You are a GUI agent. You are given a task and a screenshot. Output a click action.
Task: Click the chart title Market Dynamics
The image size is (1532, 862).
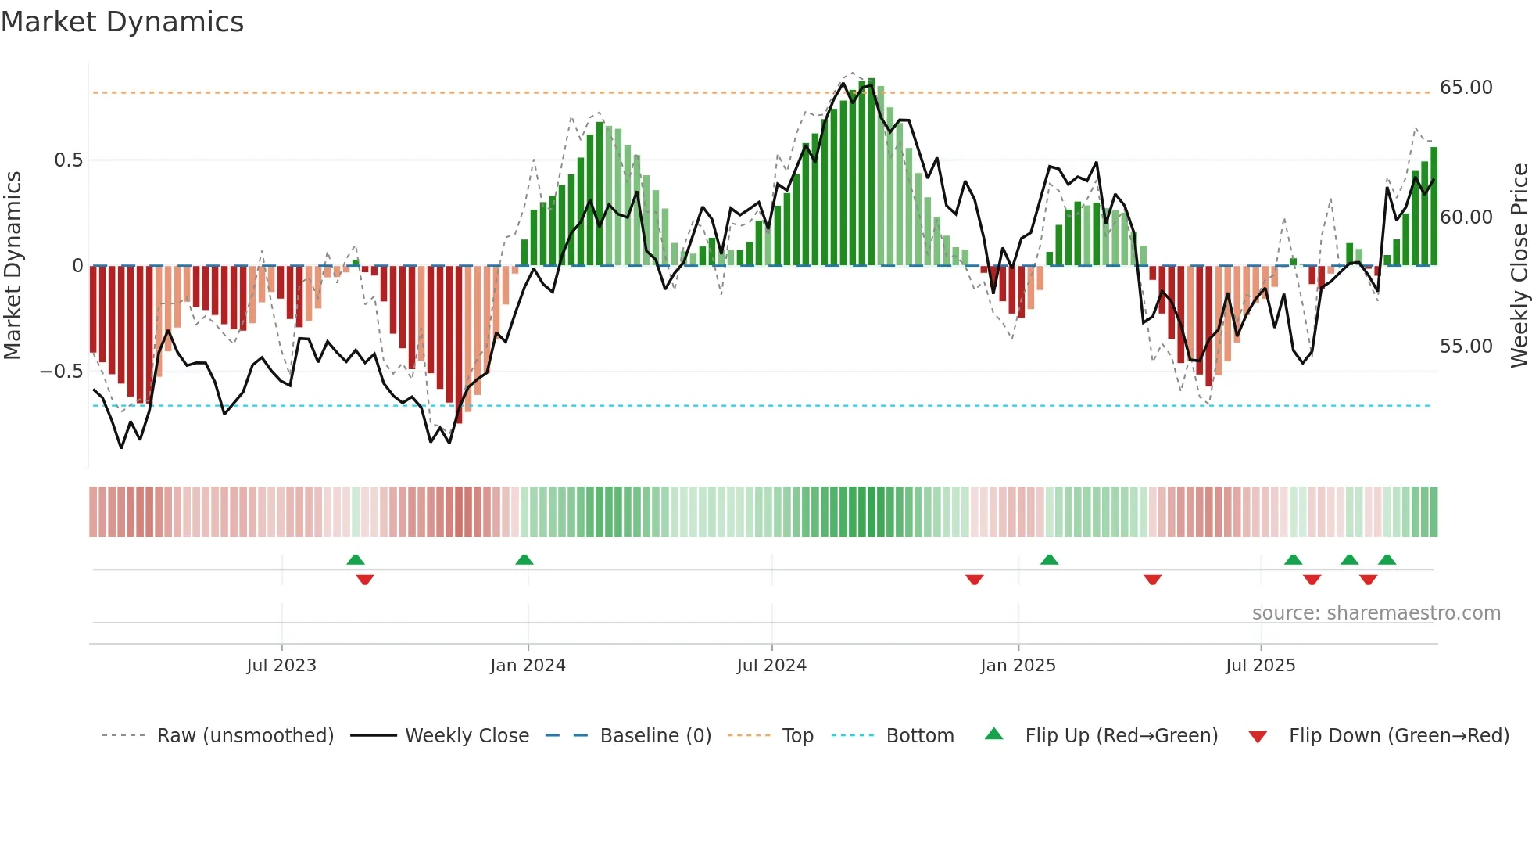click(122, 22)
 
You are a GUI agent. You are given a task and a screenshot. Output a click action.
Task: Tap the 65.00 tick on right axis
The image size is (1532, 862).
click(1466, 88)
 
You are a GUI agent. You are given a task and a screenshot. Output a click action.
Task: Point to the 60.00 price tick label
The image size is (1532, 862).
click(1466, 217)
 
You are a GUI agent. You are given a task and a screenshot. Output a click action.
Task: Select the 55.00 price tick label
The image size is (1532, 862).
click(1466, 346)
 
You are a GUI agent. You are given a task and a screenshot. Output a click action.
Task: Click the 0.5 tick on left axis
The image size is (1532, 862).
click(68, 160)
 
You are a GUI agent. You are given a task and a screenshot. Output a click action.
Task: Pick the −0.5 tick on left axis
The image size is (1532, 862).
click(62, 372)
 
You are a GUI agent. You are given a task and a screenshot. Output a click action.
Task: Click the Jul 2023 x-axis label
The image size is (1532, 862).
click(281, 666)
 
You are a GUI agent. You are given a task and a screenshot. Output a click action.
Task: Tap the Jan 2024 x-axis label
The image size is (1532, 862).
click(528, 666)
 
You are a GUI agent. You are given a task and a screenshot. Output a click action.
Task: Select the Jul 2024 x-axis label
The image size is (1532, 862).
click(771, 666)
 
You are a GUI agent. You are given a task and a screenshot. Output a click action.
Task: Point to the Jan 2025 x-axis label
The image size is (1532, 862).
click(1018, 666)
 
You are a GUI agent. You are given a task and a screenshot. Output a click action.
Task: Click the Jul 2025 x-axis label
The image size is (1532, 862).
click(1260, 666)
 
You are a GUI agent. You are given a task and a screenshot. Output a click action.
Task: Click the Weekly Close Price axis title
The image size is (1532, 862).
click(1519, 265)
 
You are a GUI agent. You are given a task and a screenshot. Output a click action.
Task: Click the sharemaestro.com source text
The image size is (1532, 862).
click(1376, 613)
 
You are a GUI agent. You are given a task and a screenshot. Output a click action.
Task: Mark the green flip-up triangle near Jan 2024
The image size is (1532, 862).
click(524, 560)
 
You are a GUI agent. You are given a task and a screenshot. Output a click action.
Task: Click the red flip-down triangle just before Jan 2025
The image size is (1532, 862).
click(974, 579)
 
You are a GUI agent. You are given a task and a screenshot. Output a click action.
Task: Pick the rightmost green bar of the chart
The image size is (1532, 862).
click(1434, 207)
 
